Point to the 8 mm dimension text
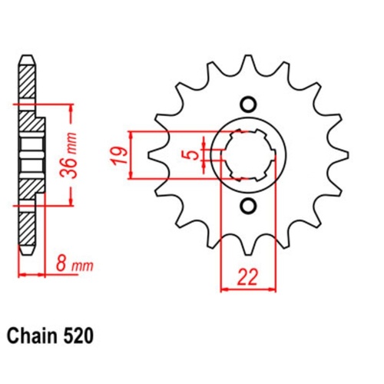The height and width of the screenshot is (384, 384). tap(72, 266)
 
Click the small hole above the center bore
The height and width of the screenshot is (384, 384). tap(247, 104)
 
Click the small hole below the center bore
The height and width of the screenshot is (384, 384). tap(247, 205)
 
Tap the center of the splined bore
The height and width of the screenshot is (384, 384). tap(247, 154)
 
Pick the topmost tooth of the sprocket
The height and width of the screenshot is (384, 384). tap(247, 61)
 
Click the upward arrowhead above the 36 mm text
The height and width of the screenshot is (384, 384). tap(71, 105)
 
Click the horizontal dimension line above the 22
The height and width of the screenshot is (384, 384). tap(247, 290)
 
